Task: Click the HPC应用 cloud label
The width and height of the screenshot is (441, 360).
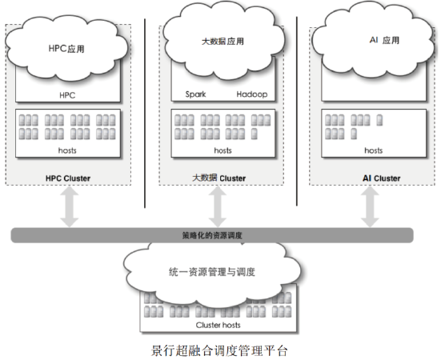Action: click(66, 49)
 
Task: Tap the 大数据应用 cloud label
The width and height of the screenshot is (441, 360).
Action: click(223, 42)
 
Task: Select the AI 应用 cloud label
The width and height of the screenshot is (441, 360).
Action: click(384, 40)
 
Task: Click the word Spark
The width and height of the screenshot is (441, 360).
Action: click(195, 94)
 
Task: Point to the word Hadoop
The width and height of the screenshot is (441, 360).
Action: click(252, 94)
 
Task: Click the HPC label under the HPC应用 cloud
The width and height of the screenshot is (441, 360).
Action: click(67, 95)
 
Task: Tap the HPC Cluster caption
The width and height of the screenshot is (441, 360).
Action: click(68, 178)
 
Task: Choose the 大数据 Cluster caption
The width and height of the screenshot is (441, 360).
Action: click(218, 178)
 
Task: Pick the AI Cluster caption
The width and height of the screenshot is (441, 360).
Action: click(382, 178)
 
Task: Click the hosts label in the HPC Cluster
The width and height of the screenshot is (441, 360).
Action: click(67, 150)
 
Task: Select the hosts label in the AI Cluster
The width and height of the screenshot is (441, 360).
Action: click(374, 150)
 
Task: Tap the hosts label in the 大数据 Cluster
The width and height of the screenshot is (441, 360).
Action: click(223, 150)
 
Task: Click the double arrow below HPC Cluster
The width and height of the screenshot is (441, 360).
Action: click(70, 206)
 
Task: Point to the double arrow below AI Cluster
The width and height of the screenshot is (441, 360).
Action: click(370, 206)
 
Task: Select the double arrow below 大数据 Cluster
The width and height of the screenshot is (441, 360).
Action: click(218, 206)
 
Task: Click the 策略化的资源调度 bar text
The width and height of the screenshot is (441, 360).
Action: click(212, 235)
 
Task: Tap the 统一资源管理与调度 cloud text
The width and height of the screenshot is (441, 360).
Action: click(212, 272)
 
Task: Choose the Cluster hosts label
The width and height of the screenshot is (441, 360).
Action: click(218, 325)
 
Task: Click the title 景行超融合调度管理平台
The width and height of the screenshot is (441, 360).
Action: click(219, 350)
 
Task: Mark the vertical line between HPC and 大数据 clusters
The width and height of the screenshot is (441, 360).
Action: click(145, 114)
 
